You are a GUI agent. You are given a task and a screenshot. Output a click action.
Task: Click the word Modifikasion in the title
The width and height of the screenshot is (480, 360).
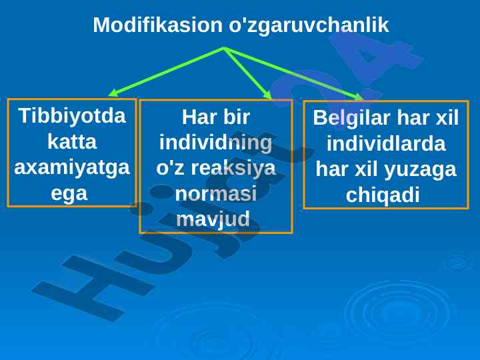coord(157,25)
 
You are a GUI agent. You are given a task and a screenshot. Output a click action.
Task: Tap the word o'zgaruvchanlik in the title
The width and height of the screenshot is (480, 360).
coord(309,25)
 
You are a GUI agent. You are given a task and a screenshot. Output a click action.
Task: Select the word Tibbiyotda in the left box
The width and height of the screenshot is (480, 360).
coord(72,116)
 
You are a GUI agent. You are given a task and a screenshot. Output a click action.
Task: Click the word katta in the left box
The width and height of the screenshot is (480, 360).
coord(72,141)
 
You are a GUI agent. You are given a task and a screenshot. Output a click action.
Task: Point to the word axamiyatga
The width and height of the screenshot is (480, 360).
coord(72,168)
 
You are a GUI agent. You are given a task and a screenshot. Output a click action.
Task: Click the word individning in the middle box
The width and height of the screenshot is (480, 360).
coord(216,143)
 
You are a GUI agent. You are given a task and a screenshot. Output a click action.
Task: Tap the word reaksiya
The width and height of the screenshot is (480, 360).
coord(233,169)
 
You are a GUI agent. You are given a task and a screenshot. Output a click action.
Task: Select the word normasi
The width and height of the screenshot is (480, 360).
coord(216,194)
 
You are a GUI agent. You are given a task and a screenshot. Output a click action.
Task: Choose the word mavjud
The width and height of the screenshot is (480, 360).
coord(213,220)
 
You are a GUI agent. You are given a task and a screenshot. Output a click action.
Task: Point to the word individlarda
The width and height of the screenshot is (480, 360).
coord(386,143)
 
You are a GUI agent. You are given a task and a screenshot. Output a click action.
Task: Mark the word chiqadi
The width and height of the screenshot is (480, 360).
coord(383,195)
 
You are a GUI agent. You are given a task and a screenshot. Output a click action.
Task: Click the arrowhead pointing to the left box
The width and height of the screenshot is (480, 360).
coord(113,93)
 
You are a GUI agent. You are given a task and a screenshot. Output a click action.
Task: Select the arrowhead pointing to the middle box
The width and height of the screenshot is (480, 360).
coord(267,95)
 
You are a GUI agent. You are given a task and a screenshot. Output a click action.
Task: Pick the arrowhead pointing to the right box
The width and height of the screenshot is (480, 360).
coord(358,97)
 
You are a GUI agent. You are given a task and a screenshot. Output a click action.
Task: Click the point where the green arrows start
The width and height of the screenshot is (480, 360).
coord(225,48)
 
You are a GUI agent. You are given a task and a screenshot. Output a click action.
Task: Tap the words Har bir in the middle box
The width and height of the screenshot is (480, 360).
coord(216,117)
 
